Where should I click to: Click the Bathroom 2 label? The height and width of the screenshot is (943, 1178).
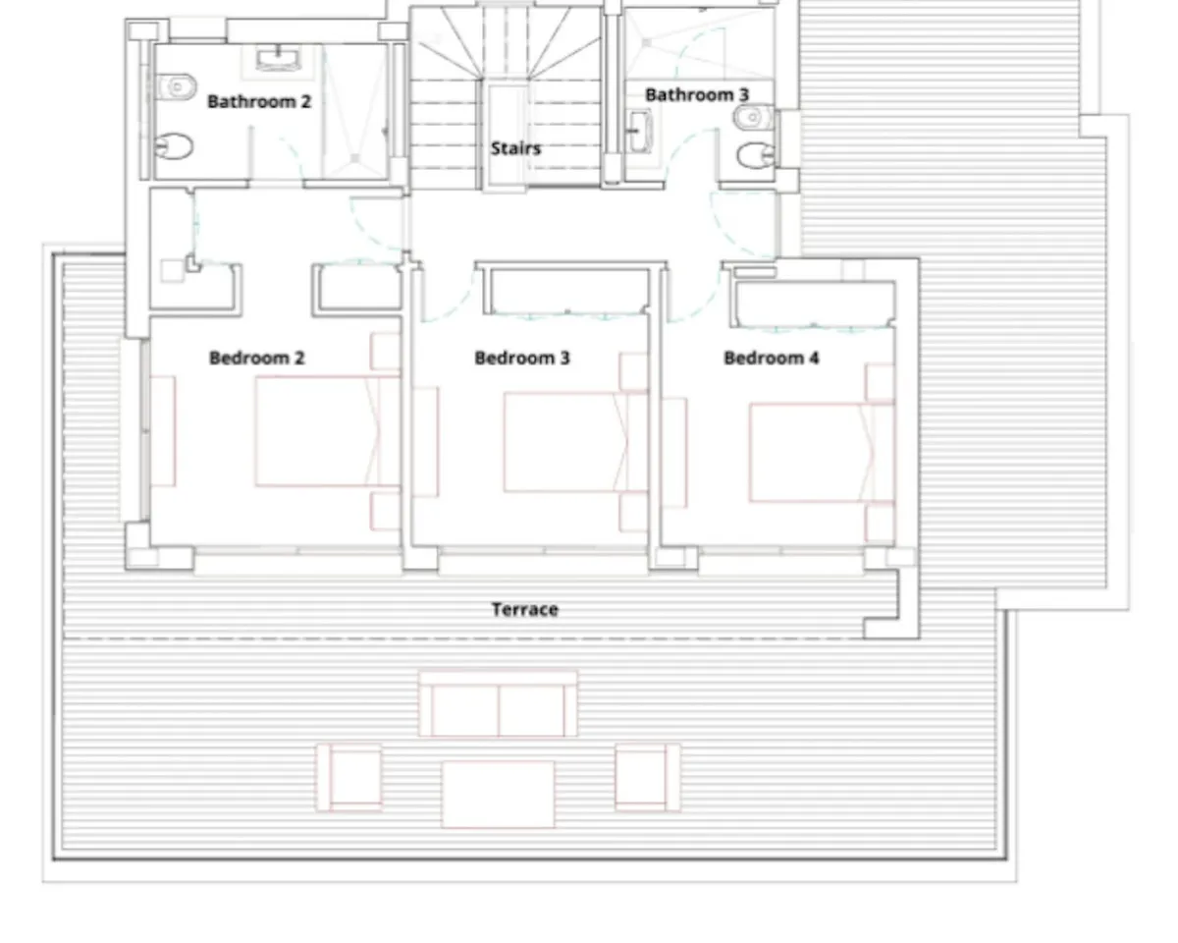click(x=259, y=101)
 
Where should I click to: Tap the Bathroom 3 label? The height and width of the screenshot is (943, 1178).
click(x=697, y=95)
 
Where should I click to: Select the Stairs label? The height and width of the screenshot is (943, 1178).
click(x=515, y=148)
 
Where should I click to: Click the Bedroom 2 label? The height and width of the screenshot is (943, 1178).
click(x=257, y=358)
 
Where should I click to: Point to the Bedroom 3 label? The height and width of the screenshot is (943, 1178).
click(x=522, y=358)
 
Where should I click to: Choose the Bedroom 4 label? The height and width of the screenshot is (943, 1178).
click(x=772, y=358)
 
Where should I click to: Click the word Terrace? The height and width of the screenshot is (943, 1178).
click(x=525, y=609)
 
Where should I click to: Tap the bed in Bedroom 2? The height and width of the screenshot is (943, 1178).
click(x=327, y=431)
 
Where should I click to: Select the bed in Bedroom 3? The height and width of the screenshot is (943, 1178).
click(x=576, y=442)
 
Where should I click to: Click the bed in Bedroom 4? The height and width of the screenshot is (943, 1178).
click(x=823, y=453)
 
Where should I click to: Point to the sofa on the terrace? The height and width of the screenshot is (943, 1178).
click(x=498, y=704)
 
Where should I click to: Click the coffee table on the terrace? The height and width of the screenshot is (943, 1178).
click(x=498, y=794)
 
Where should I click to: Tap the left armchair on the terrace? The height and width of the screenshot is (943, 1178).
click(x=349, y=777)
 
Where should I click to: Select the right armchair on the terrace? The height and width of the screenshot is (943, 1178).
click(x=648, y=777)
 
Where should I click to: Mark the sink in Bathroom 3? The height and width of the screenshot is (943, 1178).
click(x=639, y=132)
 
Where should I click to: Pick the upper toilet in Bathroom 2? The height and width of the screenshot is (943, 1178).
click(x=177, y=86)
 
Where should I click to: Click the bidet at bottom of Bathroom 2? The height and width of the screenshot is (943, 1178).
click(x=174, y=146)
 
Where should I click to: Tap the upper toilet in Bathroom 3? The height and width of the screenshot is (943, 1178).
click(x=753, y=117)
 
